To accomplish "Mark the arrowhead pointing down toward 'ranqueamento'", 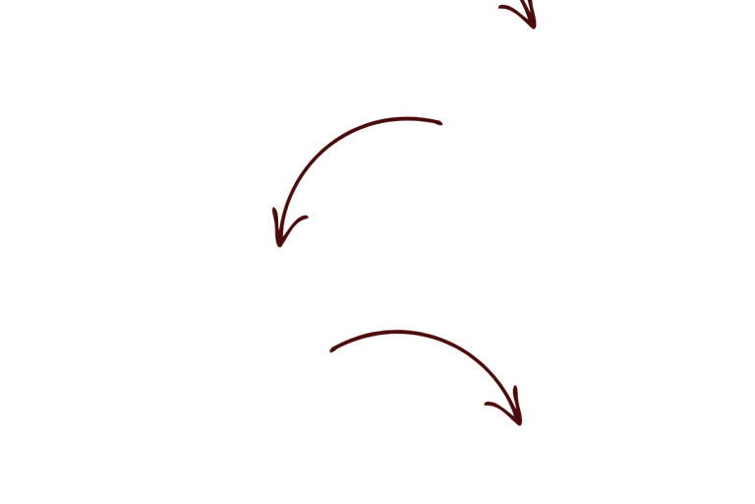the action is tap(507, 409).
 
